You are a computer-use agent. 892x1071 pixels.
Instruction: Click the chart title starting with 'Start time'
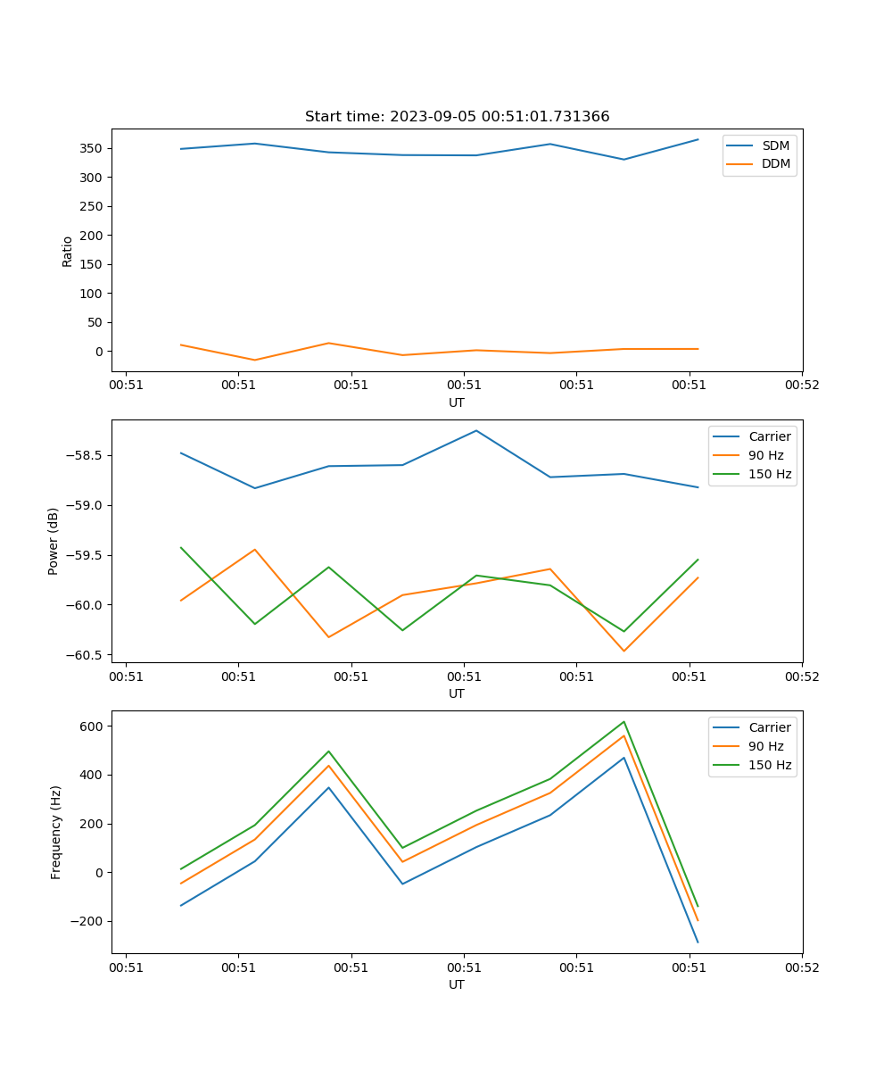457,117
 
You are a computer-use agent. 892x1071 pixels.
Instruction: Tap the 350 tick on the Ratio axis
92,148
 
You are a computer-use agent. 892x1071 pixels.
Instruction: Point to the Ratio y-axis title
67,251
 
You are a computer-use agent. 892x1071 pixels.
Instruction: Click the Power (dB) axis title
54,541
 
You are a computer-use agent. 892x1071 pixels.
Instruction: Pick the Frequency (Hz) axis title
55,832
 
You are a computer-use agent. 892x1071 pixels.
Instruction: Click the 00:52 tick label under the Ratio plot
801,386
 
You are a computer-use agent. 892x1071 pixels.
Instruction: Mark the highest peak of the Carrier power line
476,430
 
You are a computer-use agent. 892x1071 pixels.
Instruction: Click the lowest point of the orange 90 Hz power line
624,651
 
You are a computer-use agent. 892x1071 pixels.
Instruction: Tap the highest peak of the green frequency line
624,721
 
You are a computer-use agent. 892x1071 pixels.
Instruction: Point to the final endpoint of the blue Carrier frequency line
698,942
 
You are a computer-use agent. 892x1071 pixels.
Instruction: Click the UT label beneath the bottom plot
457,984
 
